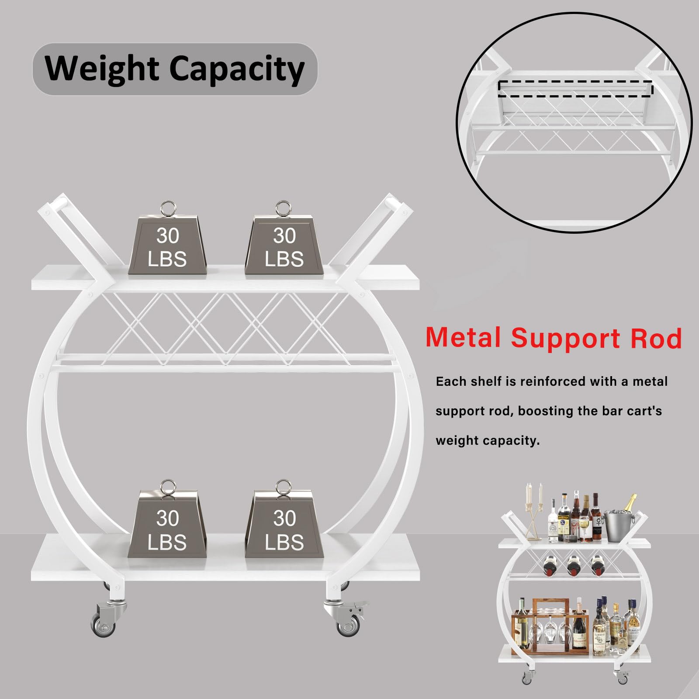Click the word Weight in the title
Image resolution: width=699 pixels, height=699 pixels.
[x=102, y=69]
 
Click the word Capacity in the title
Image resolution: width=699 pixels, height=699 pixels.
[x=236, y=69]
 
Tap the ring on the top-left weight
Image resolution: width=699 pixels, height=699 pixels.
[x=168, y=208]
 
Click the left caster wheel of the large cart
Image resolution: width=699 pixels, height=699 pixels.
[x=104, y=624]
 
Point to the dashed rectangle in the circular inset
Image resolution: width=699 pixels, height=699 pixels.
[x=575, y=88]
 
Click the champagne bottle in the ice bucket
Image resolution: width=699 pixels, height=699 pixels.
[x=630, y=504]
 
